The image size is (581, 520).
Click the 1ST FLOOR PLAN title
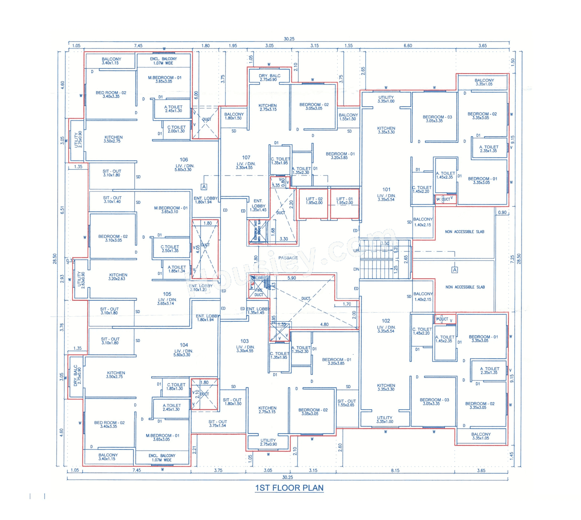[x=289, y=488]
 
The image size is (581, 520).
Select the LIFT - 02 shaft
[x=314, y=203]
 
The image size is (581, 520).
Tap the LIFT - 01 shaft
[x=344, y=203]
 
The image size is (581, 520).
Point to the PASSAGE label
[x=288, y=258]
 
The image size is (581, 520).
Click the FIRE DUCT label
[x=258, y=293]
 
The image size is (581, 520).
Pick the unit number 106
[x=184, y=160]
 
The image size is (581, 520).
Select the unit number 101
[x=386, y=190]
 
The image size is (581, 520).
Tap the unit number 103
[x=245, y=341]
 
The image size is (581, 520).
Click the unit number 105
[x=167, y=294]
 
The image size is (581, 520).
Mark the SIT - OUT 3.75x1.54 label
[x=217, y=423]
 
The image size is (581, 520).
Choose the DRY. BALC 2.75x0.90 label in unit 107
[x=269, y=78]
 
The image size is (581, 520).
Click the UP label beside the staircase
[x=356, y=250]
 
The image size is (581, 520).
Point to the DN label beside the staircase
[x=356, y=269]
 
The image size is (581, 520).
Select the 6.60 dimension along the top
[x=408, y=45]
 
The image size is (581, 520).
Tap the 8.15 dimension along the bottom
[x=395, y=471]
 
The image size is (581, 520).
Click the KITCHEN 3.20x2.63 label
[x=118, y=277]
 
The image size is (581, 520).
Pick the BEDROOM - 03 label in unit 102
[x=434, y=402]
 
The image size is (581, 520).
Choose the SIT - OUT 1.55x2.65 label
[x=346, y=403]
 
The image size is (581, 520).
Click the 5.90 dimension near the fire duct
[x=291, y=278]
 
